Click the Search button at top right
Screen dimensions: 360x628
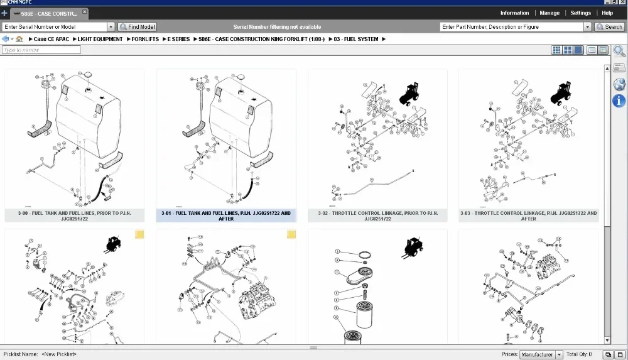(x=609, y=27)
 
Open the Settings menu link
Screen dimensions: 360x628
(x=580, y=13)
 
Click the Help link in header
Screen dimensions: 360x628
(x=607, y=13)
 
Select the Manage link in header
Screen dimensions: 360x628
(x=549, y=13)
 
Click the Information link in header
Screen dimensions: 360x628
(x=514, y=13)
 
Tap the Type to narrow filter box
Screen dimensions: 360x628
(x=41, y=50)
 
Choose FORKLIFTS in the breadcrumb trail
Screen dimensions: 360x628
(x=145, y=39)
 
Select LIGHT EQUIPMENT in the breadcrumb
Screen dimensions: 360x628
(x=100, y=39)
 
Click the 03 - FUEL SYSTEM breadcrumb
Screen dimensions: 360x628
(x=356, y=39)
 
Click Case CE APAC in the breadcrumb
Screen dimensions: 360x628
(x=51, y=39)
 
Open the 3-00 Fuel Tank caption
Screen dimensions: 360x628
(x=75, y=215)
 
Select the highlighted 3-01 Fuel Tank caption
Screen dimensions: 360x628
(x=226, y=215)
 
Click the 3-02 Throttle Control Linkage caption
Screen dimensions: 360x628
(x=377, y=215)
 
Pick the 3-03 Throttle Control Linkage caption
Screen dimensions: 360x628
(x=529, y=215)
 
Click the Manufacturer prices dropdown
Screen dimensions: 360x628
(x=541, y=354)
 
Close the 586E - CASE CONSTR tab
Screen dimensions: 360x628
(x=85, y=13)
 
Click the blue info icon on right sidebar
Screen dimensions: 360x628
(x=619, y=101)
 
